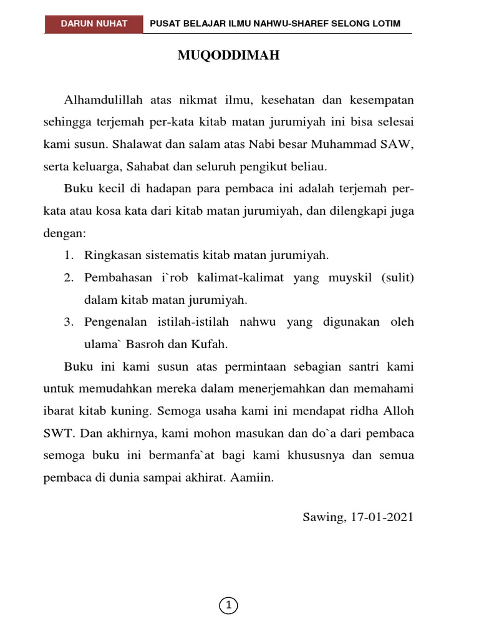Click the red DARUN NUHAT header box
(x=94, y=24)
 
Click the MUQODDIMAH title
(x=229, y=56)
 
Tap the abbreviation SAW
(x=397, y=145)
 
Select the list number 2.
(x=68, y=278)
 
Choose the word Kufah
(x=213, y=344)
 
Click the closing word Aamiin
(x=254, y=477)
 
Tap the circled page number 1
(x=229, y=605)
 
